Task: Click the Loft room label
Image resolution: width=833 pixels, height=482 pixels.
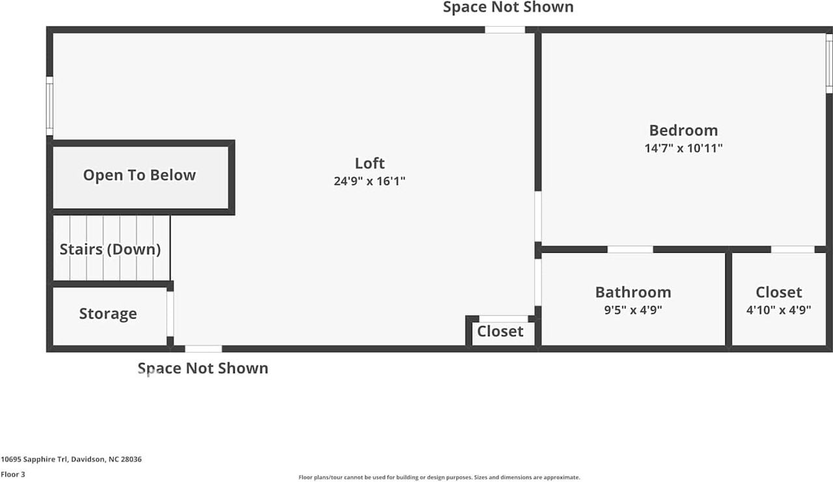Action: (370, 163)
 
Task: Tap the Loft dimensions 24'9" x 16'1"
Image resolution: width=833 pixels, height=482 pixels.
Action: (369, 181)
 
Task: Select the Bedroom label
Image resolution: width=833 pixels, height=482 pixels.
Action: (683, 131)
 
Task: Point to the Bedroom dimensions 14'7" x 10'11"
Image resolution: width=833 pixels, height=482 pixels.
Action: (683, 148)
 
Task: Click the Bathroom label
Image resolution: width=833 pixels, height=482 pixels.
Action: (633, 293)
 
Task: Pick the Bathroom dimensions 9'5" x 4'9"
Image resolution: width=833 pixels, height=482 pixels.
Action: (633, 310)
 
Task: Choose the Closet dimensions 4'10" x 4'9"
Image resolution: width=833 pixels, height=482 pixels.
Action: (779, 310)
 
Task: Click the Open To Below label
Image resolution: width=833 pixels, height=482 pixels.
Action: (139, 175)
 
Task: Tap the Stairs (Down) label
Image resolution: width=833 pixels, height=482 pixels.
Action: (111, 249)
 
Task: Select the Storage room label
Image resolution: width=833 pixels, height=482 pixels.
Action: (108, 314)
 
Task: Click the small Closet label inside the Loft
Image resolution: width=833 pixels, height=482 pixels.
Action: (500, 332)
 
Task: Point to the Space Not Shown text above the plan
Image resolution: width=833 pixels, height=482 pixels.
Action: (508, 7)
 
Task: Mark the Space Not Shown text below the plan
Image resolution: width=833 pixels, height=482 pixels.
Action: (203, 369)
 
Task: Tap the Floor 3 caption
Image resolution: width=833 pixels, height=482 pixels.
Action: (13, 475)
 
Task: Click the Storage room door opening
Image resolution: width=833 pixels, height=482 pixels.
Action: (170, 314)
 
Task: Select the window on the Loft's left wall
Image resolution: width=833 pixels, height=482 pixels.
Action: (49, 106)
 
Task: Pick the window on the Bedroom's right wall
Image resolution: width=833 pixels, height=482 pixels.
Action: (829, 63)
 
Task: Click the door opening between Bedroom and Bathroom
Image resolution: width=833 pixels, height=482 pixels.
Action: (631, 249)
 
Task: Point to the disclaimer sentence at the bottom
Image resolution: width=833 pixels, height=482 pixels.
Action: (439, 477)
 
